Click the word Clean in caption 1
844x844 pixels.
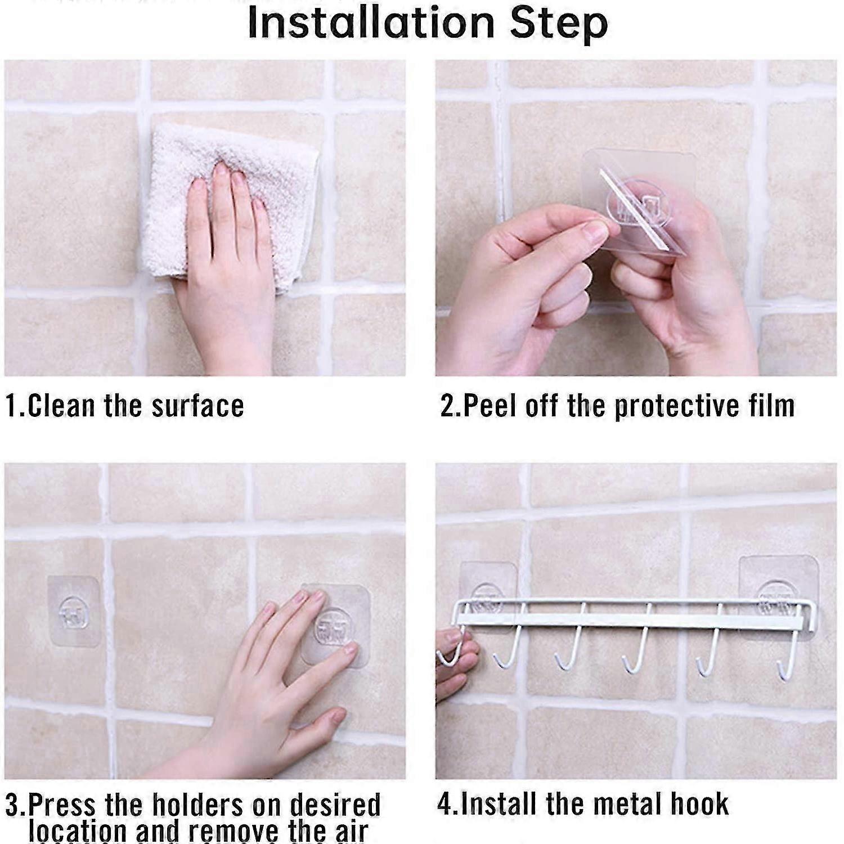[x=62, y=406]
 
